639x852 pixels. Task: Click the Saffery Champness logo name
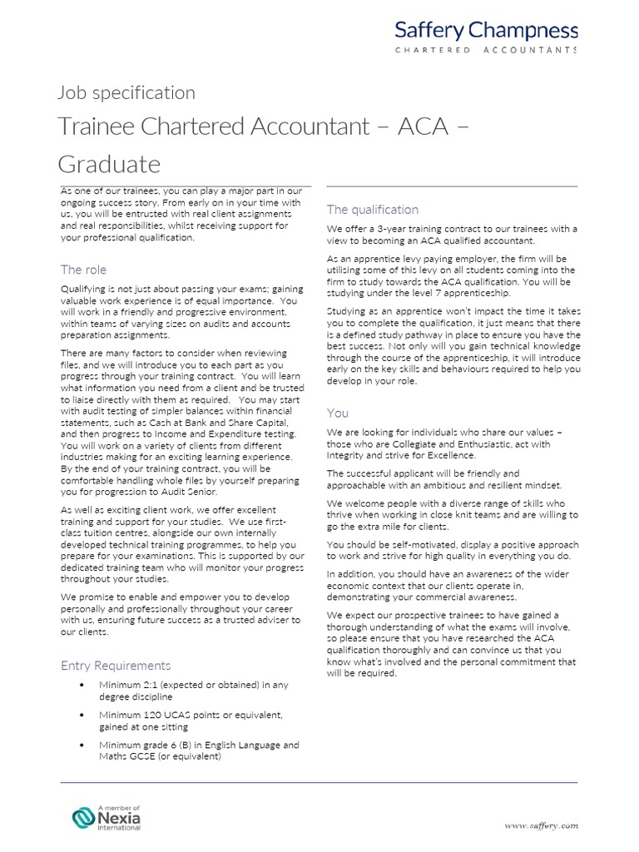486,31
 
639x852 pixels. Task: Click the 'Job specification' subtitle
126,92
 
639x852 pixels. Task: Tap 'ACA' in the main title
399,126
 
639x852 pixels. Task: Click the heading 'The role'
83,270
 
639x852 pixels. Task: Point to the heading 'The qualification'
372,210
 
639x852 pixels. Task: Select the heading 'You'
337,413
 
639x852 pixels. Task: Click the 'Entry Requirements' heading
116,665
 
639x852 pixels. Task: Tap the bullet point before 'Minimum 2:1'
81,685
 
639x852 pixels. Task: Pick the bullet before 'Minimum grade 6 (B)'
81,745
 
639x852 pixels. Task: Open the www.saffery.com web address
541,825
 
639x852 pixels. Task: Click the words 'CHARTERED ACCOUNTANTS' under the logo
486,51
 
